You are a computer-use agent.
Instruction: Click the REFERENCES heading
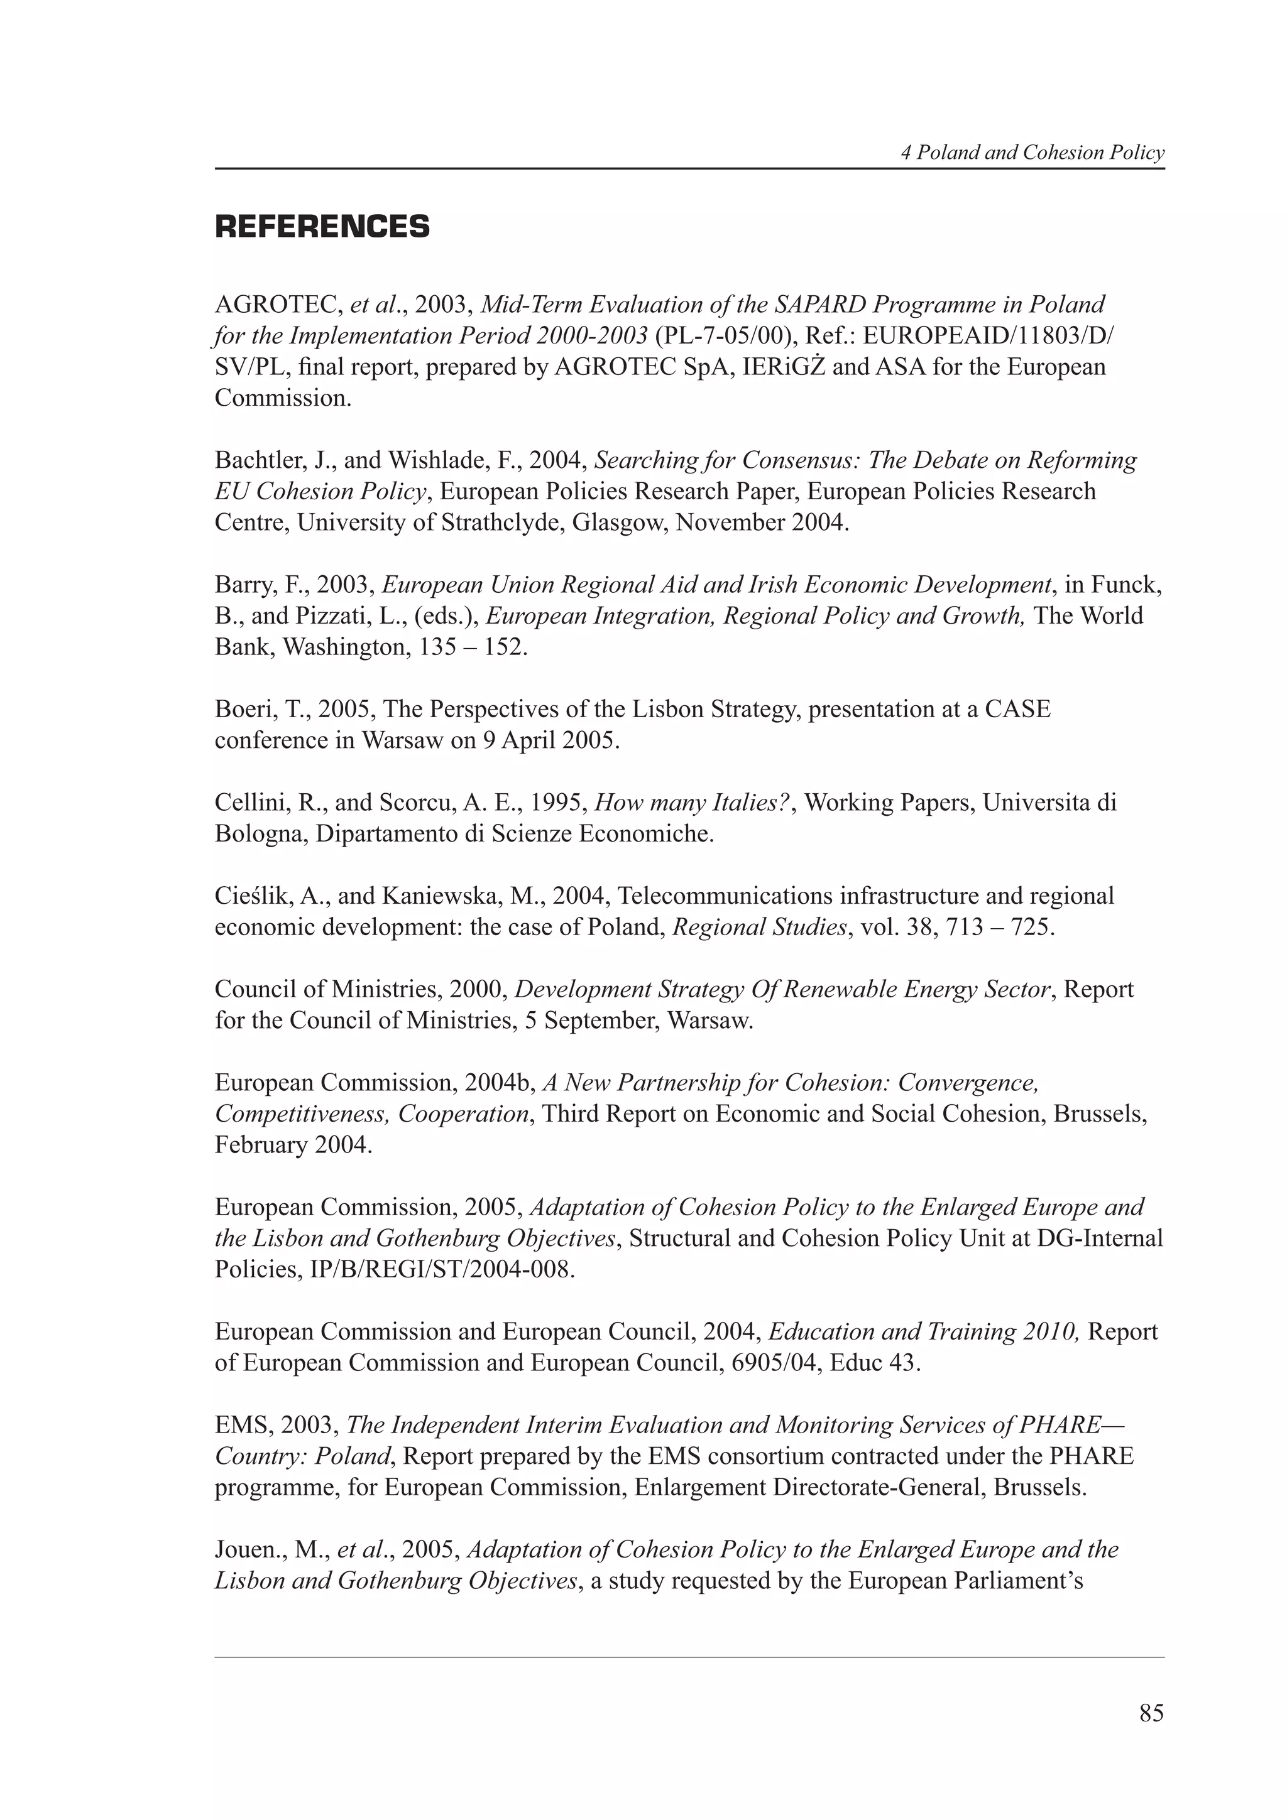point(322,227)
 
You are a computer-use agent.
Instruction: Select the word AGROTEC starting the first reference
point(278,305)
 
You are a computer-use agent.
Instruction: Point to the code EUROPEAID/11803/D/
point(987,336)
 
